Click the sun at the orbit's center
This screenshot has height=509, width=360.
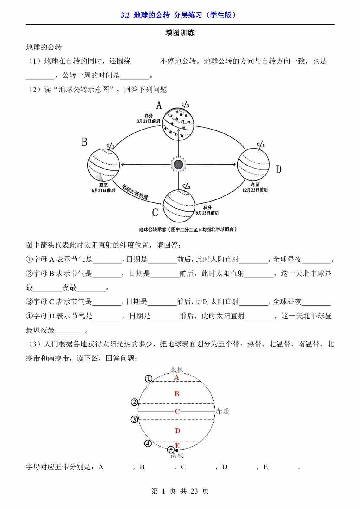[x=178, y=164]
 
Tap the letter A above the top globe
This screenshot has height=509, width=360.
[x=159, y=105]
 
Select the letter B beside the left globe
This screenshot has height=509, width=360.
[x=84, y=142]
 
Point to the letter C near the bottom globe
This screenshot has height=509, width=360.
[x=155, y=213]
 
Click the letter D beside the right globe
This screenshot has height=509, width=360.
[x=279, y=170]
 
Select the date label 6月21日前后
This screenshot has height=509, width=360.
[x=103, y=190]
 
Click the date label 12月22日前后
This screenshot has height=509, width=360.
[x=255, y=190]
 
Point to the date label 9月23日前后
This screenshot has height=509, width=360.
[x=207, y=212]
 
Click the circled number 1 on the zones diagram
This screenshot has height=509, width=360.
[x=148, y=379]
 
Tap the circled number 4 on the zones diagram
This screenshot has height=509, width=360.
[x=148, y=443]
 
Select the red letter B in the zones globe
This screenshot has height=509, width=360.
[x=177, y=394]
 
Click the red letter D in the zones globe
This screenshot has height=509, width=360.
[x=178, y=431]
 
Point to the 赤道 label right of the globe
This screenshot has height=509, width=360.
[x=223, y=411]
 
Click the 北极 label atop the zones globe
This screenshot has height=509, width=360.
[x=177, y=370]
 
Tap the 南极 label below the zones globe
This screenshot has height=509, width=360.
[x=177, y=455]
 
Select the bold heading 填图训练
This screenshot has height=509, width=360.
[x=180, y=33]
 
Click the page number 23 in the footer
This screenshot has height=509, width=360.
[x=194, y=491]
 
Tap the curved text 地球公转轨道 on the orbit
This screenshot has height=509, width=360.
[x=135, y=192]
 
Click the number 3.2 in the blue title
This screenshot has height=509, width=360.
[x=125, y=15]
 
